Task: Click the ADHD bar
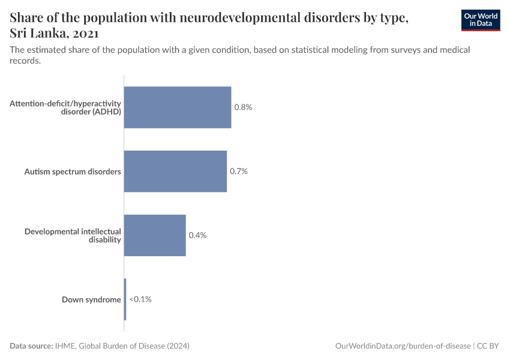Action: click(178, 107)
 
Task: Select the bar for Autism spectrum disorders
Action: click(175, 171)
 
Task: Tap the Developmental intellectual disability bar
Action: click(155, 235)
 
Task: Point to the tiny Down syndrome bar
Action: click(125, 299)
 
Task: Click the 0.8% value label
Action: click(243, 107)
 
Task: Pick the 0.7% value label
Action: click(239, 171)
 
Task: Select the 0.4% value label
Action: click(197, 235)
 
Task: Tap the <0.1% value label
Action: click(140, 299)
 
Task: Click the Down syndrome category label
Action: click(91, 299)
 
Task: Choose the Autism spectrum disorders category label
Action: click(73, 172)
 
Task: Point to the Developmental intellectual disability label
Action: click(73, 235)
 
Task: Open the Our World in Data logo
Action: click(480, 20)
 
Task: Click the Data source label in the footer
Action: click(31, 346)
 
